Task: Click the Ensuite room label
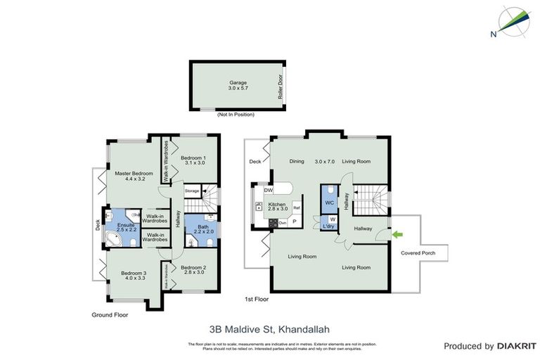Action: click(117, 227)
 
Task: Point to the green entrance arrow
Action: click(398, 233)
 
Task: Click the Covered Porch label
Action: click(416, 253)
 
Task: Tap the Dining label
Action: click(297, 162)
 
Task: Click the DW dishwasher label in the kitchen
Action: click(268, 191)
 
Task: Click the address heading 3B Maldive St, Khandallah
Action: click(270, 328)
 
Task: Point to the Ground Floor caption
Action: click(110, 316)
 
